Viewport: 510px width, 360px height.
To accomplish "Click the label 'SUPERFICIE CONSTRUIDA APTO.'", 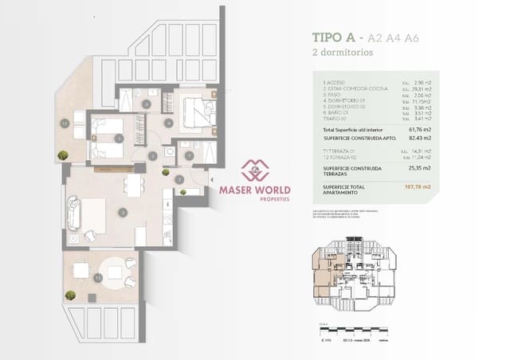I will (355, 138).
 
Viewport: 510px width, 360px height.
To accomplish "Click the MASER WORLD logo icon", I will (255, 170).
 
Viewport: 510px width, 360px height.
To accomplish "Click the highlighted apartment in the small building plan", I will (324, 275).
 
